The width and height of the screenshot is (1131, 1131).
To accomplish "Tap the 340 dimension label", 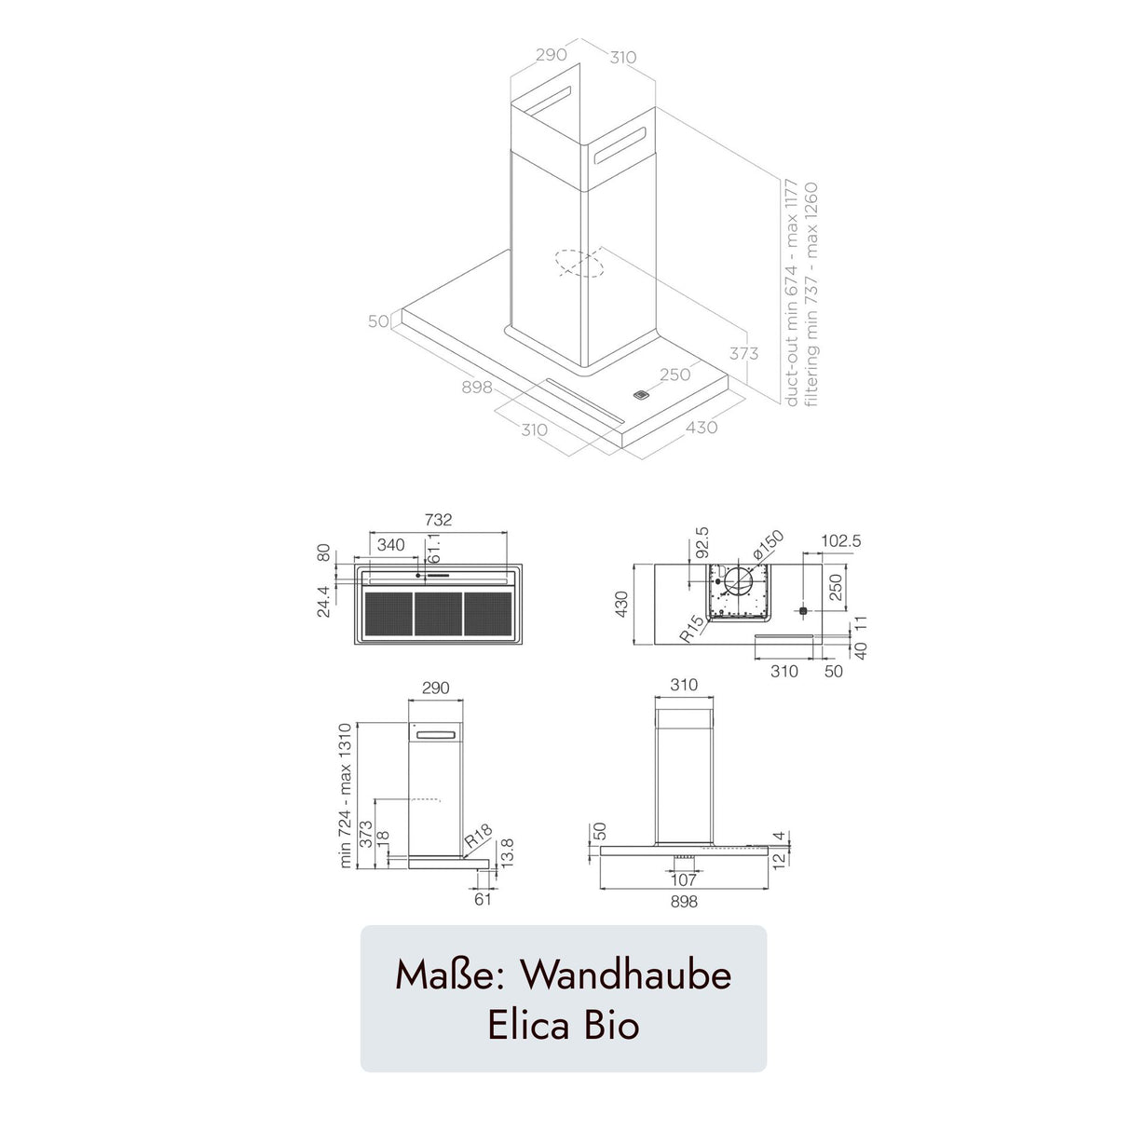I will (390, 544).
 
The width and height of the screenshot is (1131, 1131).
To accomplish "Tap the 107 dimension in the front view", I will (683, 880).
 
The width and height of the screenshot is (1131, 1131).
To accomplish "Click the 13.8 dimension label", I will (508, 852).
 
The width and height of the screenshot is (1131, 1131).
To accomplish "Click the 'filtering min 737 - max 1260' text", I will (811, 293).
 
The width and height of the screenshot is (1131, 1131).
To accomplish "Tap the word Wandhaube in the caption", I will (625, 974).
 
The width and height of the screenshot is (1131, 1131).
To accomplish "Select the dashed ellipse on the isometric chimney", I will (579, 264).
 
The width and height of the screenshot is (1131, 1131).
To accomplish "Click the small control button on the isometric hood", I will (640, 395).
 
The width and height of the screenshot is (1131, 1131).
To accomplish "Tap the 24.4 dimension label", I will (322, 600).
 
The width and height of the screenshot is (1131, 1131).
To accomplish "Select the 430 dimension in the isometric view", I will (702, 427).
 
